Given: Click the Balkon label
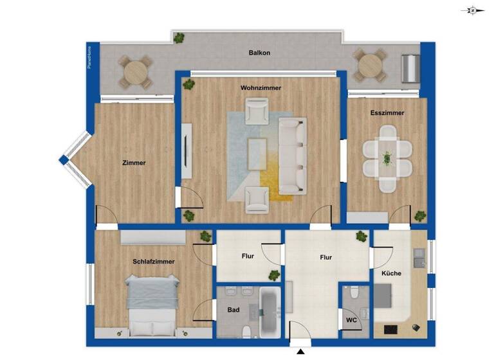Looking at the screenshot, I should click(259, 53).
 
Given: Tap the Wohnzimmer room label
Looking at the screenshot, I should click(261, 87).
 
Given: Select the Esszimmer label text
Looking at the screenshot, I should click(387, 113).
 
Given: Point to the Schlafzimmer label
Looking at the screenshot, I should click(154, 262).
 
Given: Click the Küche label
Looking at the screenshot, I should click(391, 273).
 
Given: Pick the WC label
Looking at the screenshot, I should click(351, 319).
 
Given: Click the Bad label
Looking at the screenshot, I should click(233, 310).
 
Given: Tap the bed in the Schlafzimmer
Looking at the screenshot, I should click(153, 304).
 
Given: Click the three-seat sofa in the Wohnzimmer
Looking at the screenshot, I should click(293, 155).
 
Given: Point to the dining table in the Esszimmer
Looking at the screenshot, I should click(387, 158).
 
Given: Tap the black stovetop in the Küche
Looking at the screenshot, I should click(390, 329).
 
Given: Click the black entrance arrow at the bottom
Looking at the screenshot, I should click(300, 350).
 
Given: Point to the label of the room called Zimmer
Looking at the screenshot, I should click(134, 163).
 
